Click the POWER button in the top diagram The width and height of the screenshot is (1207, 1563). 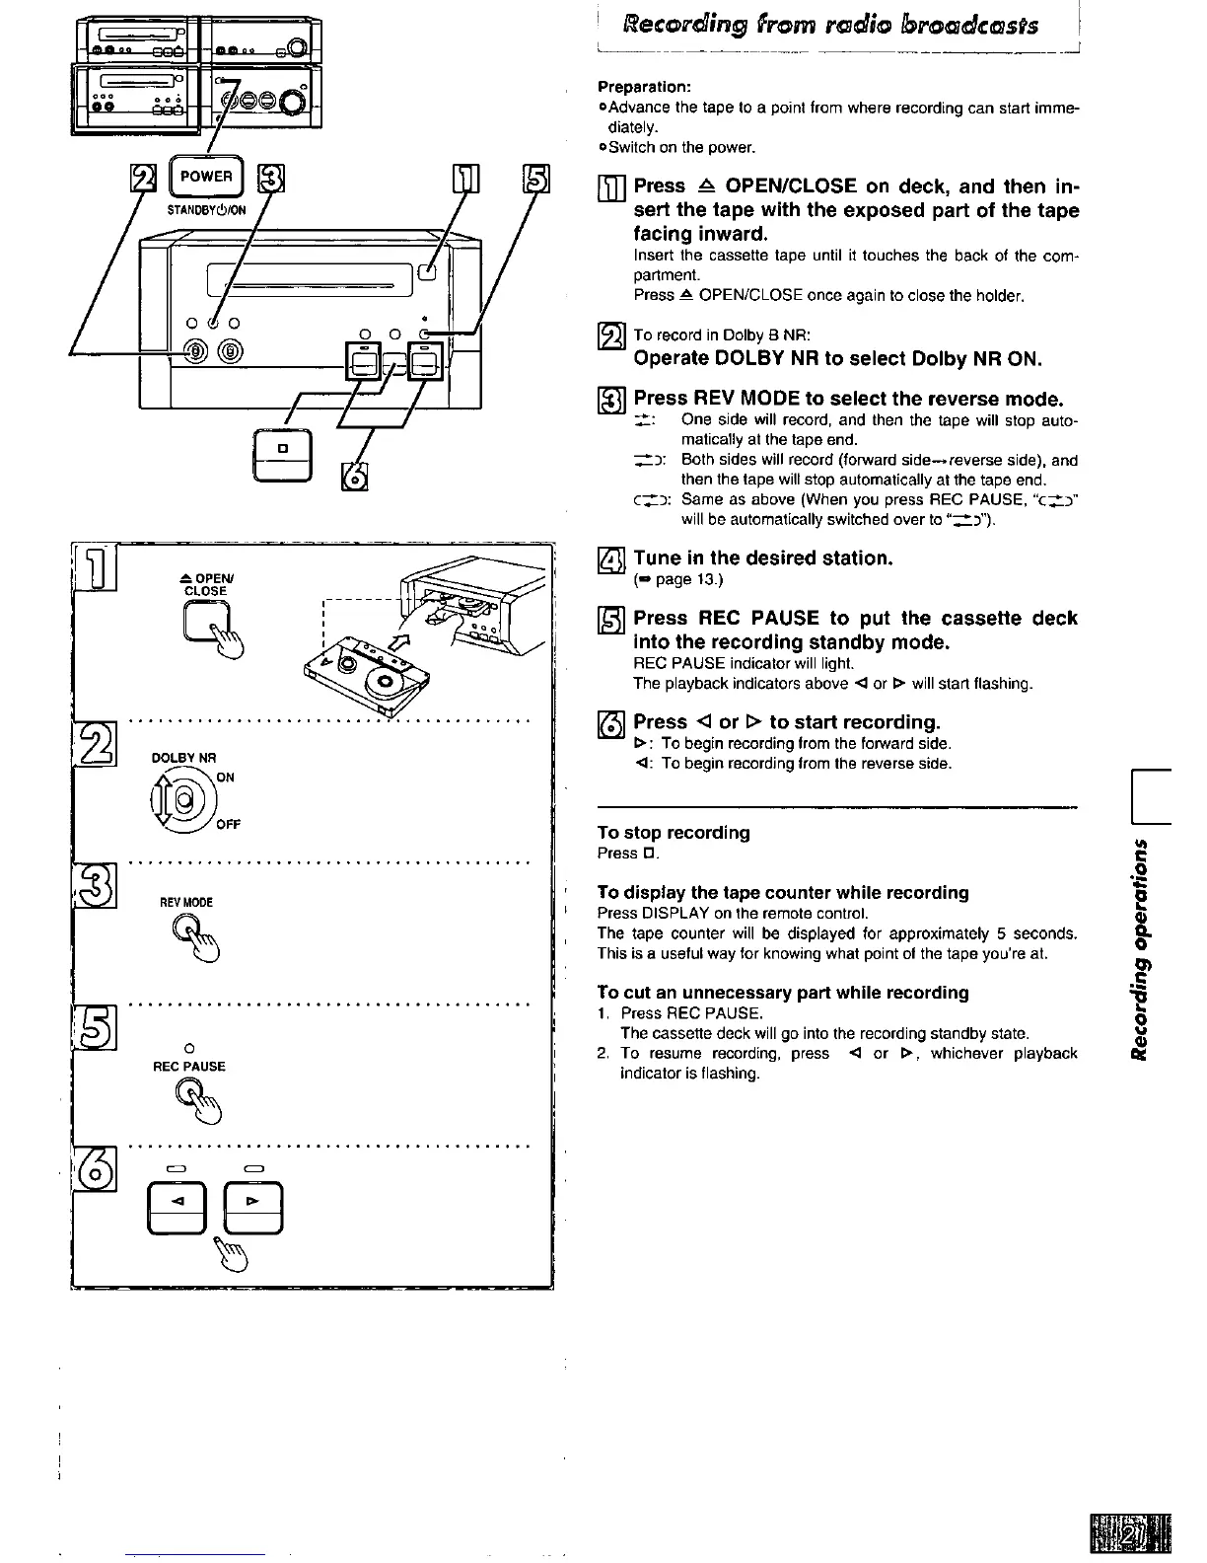tap(206, 178)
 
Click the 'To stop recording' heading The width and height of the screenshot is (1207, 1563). tap(674, 833)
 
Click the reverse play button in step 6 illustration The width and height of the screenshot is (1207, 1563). tap(177, 1208)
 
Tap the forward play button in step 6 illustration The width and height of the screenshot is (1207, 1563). tap(253, 1208)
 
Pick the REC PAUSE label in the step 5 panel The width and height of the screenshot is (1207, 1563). tap(189, 1067)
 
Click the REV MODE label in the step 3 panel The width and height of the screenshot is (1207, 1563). tap(187, 903)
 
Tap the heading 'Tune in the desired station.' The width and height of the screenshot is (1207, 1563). tap(763, 558)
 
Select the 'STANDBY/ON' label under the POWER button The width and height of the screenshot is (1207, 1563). tap(206, 210)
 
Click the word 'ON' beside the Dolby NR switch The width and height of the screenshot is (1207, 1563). tap(225, 778)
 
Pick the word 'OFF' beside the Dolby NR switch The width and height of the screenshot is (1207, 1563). tap(228, 825)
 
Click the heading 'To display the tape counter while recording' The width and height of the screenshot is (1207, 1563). tap(783, 893)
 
